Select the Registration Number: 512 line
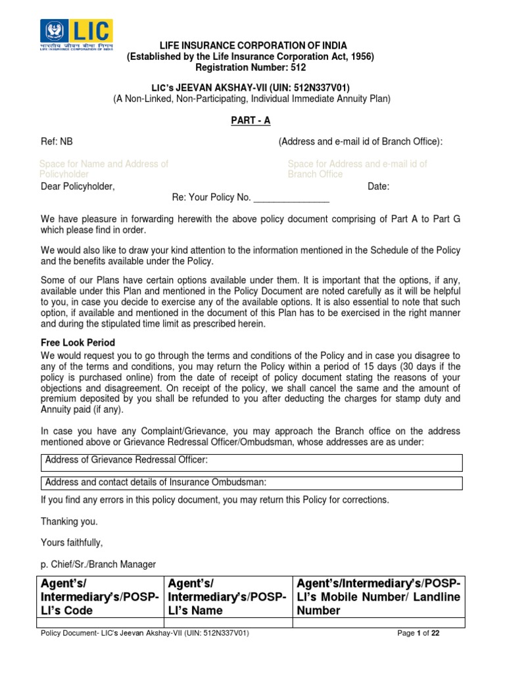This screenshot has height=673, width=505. [251, 67]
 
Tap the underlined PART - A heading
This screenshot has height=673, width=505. [251, 120]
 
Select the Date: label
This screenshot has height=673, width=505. [378, 187]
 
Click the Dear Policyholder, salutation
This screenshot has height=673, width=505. [78, 187]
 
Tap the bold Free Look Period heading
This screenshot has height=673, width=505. [78, 343]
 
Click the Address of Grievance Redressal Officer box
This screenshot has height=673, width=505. [251, 462]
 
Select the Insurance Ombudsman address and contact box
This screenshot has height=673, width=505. [251, 483]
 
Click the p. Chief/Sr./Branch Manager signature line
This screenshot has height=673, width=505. [98, 564]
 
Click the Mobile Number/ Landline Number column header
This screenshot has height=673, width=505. [378, 597]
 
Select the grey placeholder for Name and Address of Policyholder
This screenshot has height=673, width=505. [104, 169]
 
